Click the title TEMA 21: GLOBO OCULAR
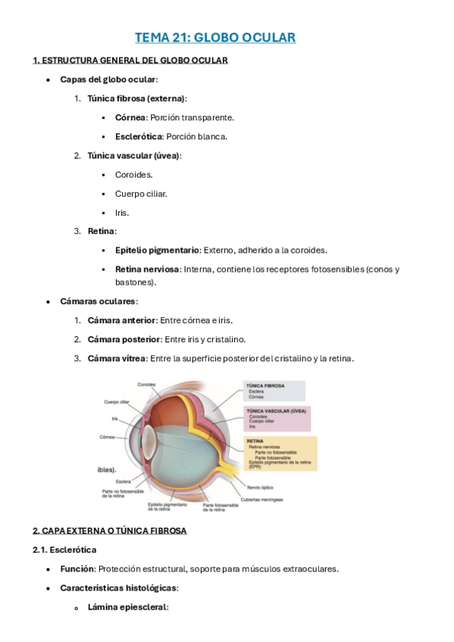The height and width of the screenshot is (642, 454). coord(215,37)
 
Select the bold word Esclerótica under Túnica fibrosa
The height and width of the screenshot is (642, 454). coord(138,136)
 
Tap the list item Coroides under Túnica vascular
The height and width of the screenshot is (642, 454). coord(133,174)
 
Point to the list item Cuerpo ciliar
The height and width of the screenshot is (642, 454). coord(141,193)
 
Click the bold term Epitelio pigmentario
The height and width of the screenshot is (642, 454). coord(157,250)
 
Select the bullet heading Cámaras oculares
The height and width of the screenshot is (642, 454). coord(99,301)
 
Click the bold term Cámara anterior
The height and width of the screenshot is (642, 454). coord(122,320)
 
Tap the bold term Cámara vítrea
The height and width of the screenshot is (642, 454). coord(116,358)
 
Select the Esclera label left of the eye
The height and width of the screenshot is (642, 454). coord(124,481)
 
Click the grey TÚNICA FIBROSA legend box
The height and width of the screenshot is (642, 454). coord(274,391)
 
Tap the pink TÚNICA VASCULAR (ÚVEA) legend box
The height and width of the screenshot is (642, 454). coord(277,419)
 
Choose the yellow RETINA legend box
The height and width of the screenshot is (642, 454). coord(280,453)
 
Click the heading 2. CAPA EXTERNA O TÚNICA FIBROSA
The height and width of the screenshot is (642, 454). coord(109,531)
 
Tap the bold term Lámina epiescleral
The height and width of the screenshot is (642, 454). coord(127,606)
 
